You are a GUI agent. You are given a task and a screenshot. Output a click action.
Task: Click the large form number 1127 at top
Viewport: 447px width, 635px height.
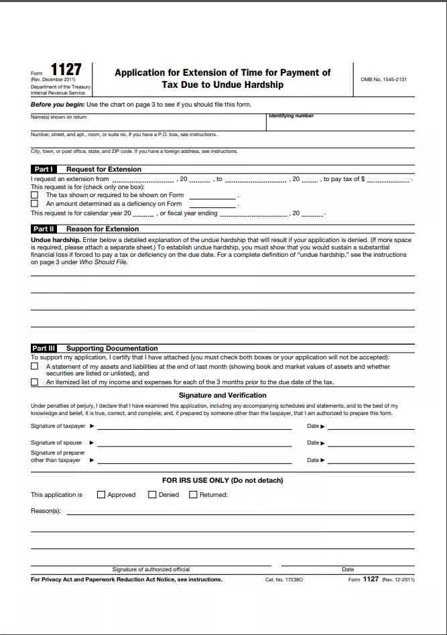(66, 70)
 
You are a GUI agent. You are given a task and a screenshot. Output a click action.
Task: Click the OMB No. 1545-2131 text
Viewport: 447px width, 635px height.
(383, 79)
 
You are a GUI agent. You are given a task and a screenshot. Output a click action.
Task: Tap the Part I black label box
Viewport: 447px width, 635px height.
(44, 169)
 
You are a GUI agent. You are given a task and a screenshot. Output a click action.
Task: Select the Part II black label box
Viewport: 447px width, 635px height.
(44, 229)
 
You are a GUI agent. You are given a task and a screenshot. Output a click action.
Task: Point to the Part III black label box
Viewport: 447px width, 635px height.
(44, 348)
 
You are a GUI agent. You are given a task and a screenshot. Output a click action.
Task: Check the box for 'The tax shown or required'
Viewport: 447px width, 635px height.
(35, 195)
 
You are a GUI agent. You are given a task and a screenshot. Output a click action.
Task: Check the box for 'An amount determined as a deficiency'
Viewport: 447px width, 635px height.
(35, 203)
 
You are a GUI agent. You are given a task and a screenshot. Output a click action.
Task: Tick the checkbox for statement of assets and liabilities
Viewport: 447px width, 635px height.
(35, 367)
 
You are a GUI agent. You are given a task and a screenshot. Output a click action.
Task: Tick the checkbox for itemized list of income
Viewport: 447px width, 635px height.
(35, 382)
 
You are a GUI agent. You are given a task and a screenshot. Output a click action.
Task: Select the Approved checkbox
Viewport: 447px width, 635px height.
(101, 495)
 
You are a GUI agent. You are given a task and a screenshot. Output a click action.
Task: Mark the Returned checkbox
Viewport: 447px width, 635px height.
(193, 495)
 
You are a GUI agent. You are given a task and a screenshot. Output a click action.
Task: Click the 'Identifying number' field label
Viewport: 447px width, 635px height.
(291, 116)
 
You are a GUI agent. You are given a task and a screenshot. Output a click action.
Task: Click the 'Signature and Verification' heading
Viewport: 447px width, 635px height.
(222, 396)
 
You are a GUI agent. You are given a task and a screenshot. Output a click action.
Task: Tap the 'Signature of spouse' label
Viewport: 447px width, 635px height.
(56, 443)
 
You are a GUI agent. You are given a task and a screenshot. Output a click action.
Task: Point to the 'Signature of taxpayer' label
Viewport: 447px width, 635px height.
(58, 426)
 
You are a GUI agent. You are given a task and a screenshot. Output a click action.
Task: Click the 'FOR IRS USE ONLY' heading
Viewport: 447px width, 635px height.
(222, 480)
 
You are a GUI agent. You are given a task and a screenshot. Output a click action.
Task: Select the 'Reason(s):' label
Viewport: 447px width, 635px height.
(46, 511)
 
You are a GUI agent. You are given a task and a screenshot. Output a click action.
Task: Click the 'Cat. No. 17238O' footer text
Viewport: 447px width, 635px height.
(284, 579)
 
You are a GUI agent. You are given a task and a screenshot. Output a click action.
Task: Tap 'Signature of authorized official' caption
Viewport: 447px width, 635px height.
(151, 569)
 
